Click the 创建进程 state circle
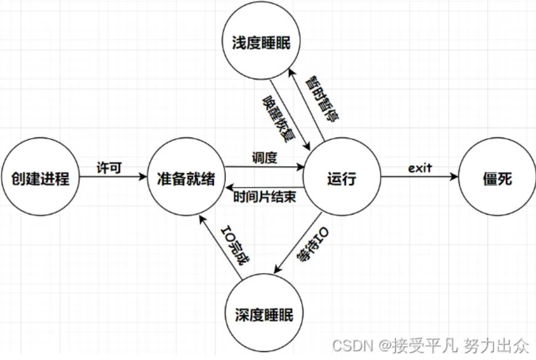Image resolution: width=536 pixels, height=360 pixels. [x=40, y=179]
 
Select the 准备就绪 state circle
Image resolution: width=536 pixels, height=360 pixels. [x=186, y=179]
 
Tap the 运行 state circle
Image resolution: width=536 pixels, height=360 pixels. [x=342, y=179]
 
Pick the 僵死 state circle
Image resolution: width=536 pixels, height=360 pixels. [x=497, y=179]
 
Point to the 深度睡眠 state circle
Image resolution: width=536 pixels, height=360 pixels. [x=264, y=315]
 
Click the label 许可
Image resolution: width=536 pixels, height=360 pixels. [x=108, y=168]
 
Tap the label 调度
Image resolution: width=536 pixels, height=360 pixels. [x=264, y=157]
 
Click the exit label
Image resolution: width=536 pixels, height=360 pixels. [x=420, y=168]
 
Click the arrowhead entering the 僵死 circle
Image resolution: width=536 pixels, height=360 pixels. [x=455, y=179]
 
